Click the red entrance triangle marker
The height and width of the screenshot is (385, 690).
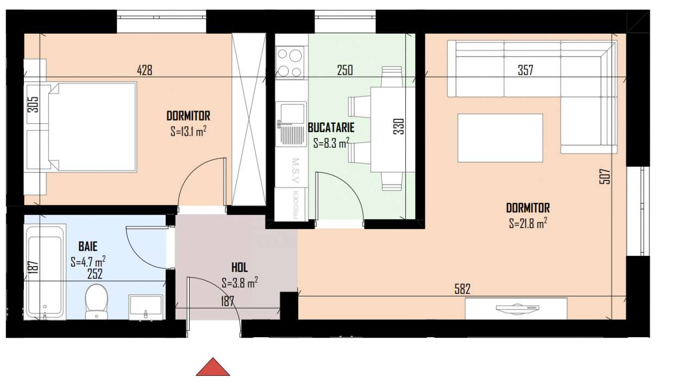[x=213, y=368]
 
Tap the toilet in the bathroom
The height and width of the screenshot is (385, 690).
[x=96, y=301]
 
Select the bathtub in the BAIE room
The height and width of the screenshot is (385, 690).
[x=45, y=273]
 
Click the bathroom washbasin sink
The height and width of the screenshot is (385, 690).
[x=146, y=307]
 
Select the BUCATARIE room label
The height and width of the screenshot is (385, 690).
[x=331, y=128]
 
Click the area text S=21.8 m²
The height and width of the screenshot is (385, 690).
[x=528, y=223]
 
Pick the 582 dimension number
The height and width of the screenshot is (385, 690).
[x=462, y=289]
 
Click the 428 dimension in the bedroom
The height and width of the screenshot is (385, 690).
[x=145, y=70]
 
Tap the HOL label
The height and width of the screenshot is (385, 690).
[x=240, y=268]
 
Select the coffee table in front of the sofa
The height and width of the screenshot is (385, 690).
[x=500, y=138]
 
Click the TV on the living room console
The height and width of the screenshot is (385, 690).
[x=517, y=308]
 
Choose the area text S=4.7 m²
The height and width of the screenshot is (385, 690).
[x=88, y=262]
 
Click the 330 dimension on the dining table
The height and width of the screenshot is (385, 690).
[x=399, y=127]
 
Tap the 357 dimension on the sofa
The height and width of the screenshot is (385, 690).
[x=525, y=70]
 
